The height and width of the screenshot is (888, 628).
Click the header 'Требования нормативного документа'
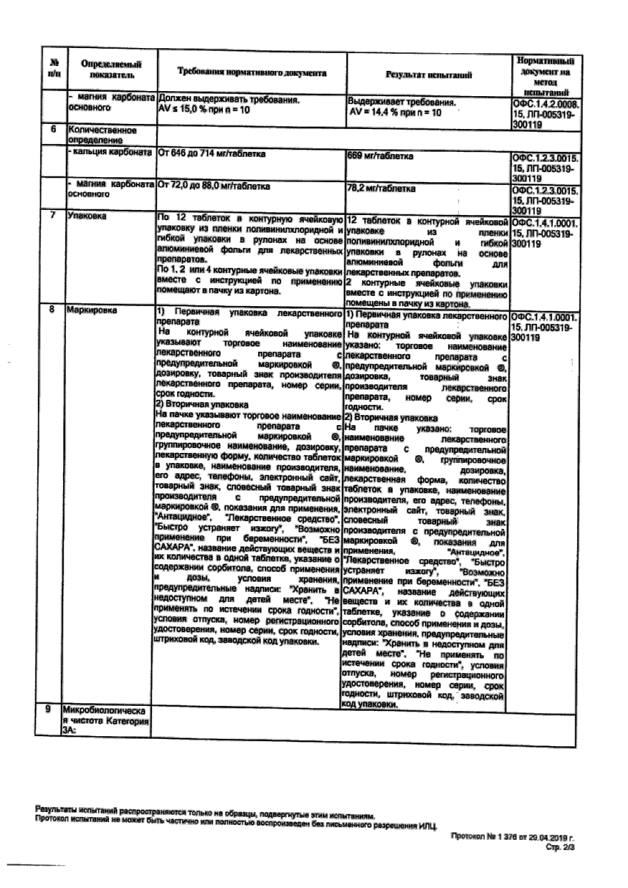[252, 73]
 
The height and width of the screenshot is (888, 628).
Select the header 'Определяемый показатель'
[111, 70]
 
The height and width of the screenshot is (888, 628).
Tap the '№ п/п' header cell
[54, 69]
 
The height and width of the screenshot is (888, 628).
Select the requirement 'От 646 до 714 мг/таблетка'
[212, 153]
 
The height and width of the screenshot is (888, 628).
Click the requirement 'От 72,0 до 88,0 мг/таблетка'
[214, 186]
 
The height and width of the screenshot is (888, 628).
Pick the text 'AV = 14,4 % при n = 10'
[395, 113]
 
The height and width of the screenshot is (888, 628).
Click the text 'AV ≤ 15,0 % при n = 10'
[204, 110]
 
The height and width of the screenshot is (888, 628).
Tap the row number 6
[53, 130]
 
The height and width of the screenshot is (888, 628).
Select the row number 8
[52, 310]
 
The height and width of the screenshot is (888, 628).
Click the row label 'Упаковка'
[87, 216]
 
